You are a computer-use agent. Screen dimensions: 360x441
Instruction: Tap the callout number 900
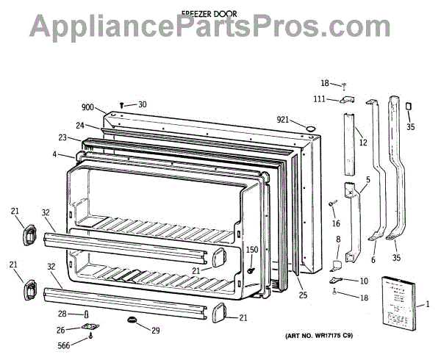(88, 108)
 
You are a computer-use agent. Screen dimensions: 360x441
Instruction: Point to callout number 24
(79, 124)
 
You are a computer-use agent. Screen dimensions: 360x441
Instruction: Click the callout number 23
(63, 137)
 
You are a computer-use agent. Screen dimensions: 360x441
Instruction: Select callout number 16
(336, 223)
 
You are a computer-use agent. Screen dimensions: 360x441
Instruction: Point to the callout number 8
(338, 239)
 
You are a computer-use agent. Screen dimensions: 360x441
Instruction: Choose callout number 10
(363, 281)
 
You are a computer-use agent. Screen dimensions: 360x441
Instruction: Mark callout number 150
(252, 250)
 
